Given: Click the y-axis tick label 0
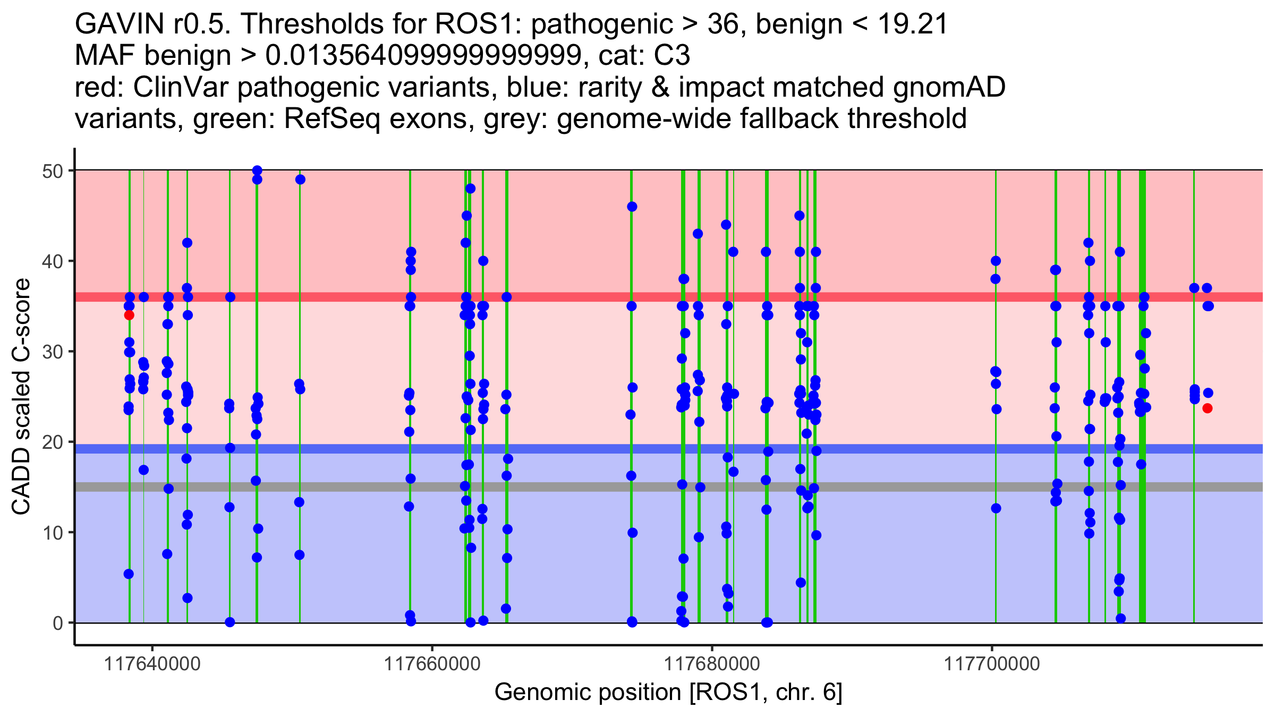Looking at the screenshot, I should point(58,623).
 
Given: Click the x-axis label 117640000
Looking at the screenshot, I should point(153,664).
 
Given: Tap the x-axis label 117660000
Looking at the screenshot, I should point(432,664).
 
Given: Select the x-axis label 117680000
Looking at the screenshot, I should point(712,664).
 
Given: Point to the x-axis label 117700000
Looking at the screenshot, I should point(991,664).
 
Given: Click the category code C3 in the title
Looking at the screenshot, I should point(671,56).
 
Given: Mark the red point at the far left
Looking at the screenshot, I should point(129,315).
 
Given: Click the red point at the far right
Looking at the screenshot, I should point(1208,408).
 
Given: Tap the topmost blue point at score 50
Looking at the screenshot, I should point(257,170).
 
